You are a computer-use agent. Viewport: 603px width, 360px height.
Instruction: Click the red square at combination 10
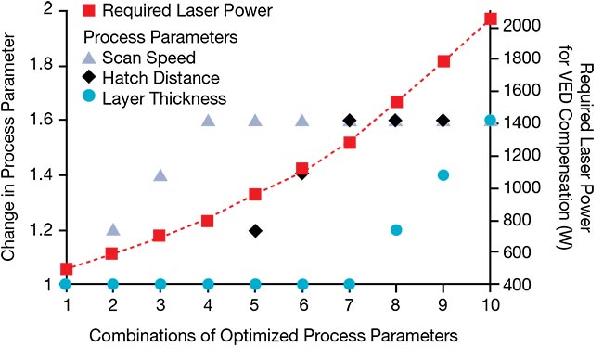pyautogui.click(x=491, y=19)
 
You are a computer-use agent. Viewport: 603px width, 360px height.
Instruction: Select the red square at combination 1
pyautogui.click(x=66, y=268)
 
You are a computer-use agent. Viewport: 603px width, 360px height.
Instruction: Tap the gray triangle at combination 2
pyautogui.click(x=113, y=229)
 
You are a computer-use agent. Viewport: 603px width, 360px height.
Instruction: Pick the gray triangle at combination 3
pyautogui.click(x=160, y=175)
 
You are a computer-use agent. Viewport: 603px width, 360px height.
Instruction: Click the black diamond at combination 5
pyautogui.click(x=255, y=230)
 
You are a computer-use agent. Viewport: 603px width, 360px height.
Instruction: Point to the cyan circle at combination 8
pyautogui.click(x=396, y=230)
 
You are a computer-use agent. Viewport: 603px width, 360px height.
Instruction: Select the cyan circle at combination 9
pyautogui.click(x=443, y=175)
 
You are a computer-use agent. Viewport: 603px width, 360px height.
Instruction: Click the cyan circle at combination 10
pyautogui.click(x=491, y=121)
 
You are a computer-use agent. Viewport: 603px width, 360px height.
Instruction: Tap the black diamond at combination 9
pyautogui.click(x=443, y=121)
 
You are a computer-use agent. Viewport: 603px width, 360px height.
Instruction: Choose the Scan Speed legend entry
pyautogui.click(x=153, y=58)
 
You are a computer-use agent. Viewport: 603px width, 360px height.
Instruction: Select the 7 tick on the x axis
pyautogui.click(x=349, y=303)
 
